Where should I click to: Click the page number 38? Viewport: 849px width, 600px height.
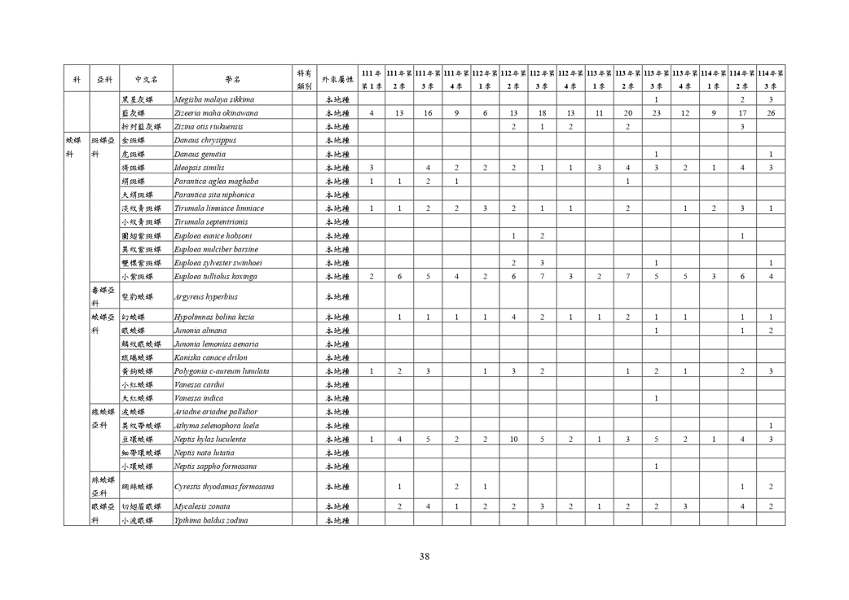(x=424, y=557)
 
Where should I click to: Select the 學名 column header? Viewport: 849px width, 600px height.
(x=233, y=80)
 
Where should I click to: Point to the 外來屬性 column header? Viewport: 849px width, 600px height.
(x=337, y=80)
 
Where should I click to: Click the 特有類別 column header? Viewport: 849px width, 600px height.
(x=304, y=80)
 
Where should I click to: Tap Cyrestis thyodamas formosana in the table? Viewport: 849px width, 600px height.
(x=224, y=487)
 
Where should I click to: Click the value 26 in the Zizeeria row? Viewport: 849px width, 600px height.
(x=770, y=113)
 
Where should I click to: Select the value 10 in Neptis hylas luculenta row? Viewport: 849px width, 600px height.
(x=514, y=439)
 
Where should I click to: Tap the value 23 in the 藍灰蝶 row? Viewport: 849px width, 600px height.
(x=657, y=113)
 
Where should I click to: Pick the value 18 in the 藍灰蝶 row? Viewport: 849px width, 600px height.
(x=543, y=113)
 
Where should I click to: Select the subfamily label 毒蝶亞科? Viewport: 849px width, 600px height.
(x=102, y=296)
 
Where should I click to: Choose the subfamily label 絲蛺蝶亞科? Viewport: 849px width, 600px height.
(x=102, y=487)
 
